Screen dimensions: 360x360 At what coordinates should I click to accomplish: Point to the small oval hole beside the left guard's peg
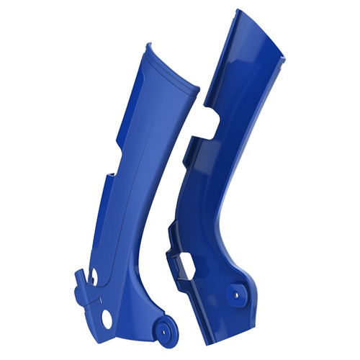[x=91, y=276]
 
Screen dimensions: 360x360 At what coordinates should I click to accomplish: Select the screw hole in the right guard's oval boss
[x=236, y=293]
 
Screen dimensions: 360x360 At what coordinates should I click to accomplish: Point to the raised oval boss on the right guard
[x=236, y=293]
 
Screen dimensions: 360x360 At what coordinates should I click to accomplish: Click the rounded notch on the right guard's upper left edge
[x=210, y=119]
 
